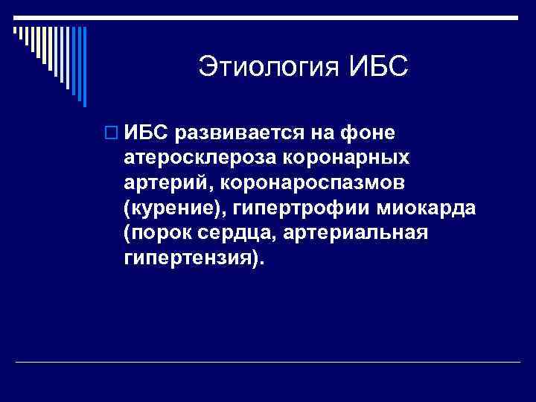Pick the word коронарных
tap(347, 158)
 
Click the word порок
tap(162, 234)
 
